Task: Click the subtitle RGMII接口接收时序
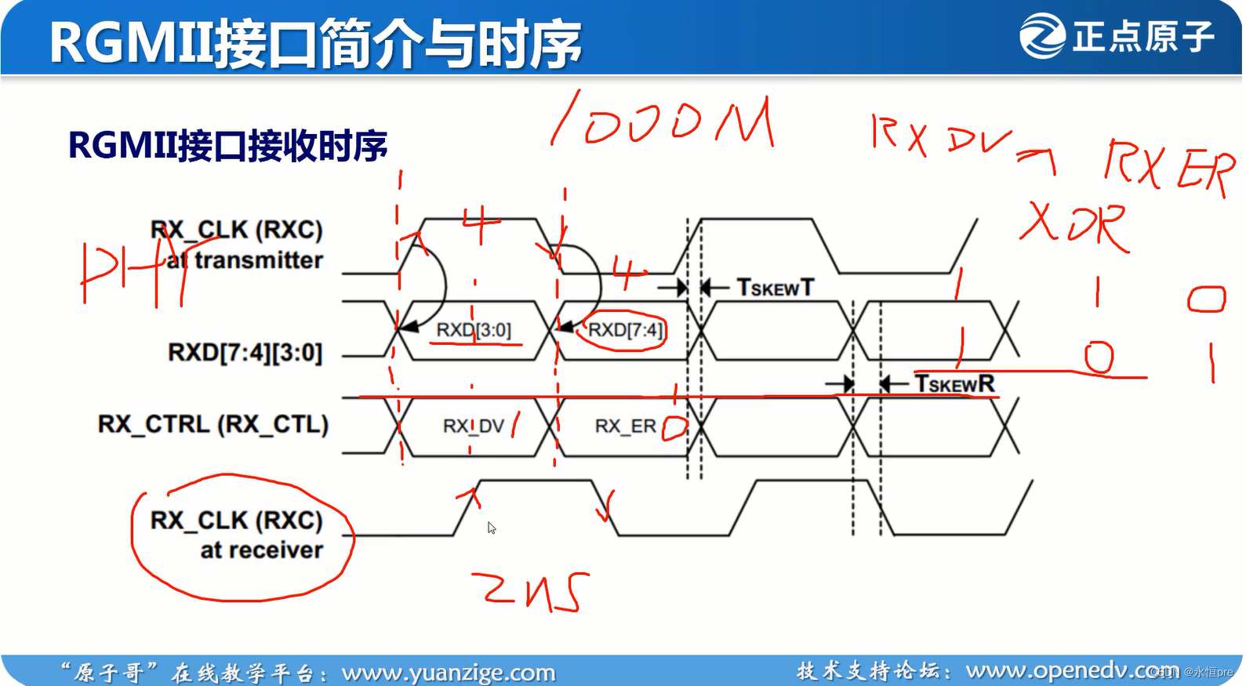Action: tap(227, 146)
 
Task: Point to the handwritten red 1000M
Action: tap(663, 122)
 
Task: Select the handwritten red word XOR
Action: tap(1075, 225)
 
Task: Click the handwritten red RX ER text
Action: tap(1168, 166)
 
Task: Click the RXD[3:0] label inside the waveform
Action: tap(473, 330)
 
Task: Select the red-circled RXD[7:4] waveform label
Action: tap(625, 330)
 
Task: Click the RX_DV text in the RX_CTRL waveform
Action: tap(473, 426)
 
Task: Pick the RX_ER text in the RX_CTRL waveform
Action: tap(625, 426)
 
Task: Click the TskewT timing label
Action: tap(775, 288)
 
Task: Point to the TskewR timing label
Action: tap(954, 383)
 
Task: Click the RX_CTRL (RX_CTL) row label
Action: tap(213, 424)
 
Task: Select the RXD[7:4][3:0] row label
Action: tap(245, 353)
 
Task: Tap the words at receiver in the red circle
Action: tap(261, 550)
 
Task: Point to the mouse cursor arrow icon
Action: tap(492, 528)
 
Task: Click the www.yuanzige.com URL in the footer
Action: tap(448, 673)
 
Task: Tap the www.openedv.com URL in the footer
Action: tap(1070, 670)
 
